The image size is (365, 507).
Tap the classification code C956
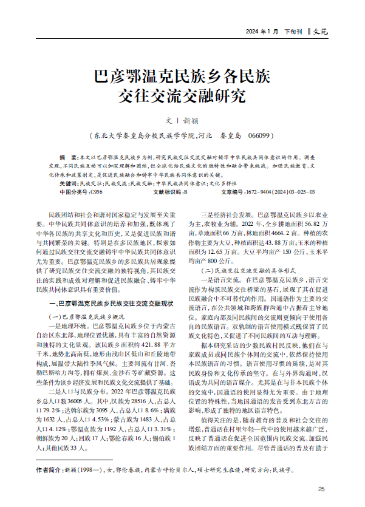pos(95,191)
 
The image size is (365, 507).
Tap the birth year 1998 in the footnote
pos(83,469)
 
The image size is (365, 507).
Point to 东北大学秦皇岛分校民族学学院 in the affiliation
pos(144,135)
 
